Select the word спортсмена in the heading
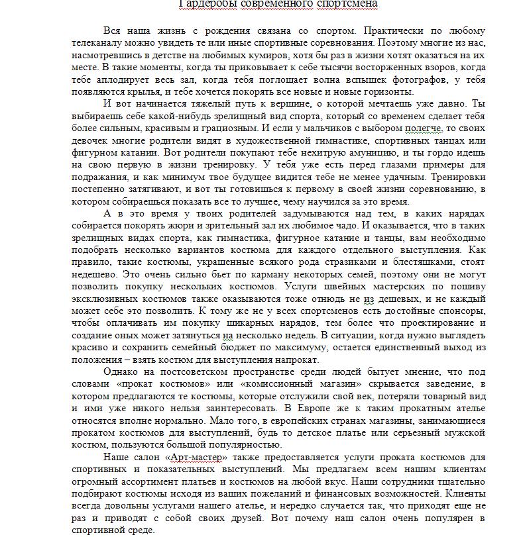pyautogui.click(x=349, y=5)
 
